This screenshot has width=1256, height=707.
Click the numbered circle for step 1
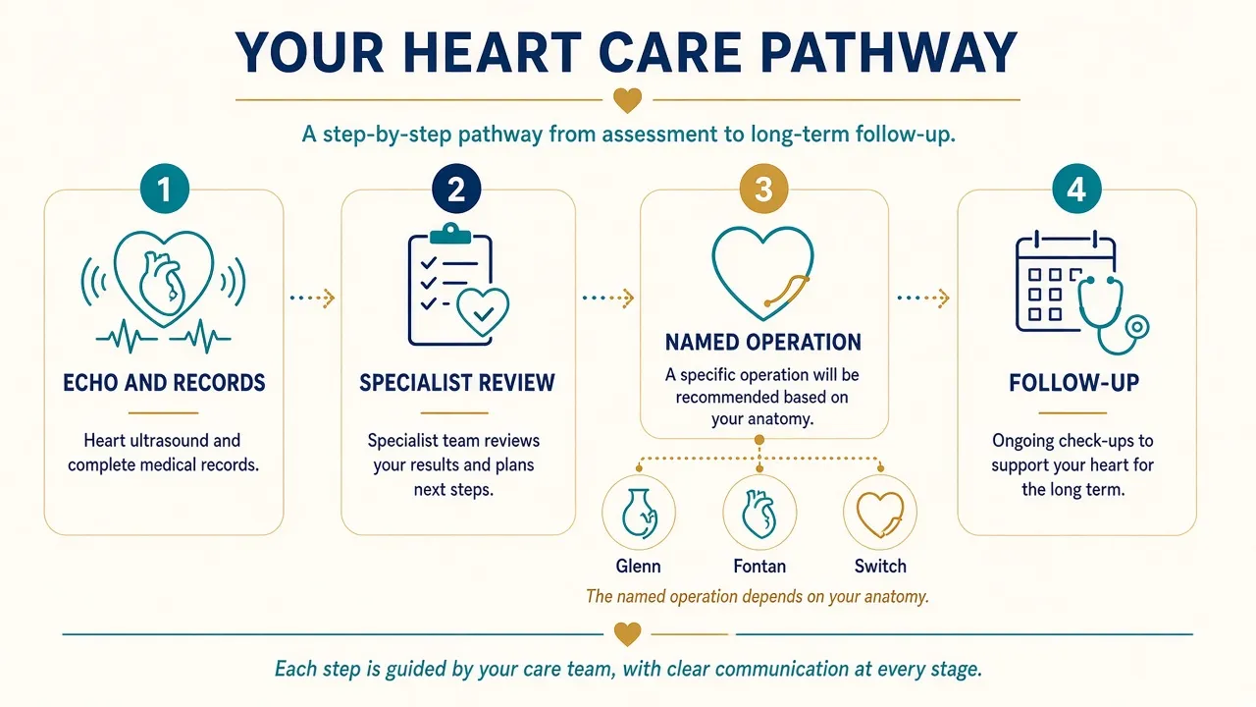click(x=164, y=189)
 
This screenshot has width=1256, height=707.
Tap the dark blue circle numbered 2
click(x=456, y=189)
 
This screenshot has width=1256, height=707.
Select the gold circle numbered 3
click(x=763, y=189)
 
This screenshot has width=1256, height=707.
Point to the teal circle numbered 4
click(x=1076, y=189)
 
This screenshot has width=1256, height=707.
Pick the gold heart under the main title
click(x=627, y=100)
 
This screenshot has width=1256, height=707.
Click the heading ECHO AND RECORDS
click(x=164, y=383)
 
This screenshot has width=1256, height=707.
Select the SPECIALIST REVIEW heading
click(x=457, y=383)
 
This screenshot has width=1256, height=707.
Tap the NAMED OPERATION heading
click(x=763, y=343)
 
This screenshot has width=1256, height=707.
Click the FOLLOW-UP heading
click(x=1073, y=383)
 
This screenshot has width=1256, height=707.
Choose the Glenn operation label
click(x=638, y=566)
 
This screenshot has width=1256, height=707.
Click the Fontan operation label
click(x=759, y=566)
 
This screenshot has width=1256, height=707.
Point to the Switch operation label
click(x=880, y=566)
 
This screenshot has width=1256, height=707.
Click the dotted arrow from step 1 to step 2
click(x=312, y=298)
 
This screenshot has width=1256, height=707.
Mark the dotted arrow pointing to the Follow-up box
click(x=923, y=298)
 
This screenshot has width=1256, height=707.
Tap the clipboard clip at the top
click(x=450, y=234)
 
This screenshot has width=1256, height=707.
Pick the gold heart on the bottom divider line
click(x=627, y=634)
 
